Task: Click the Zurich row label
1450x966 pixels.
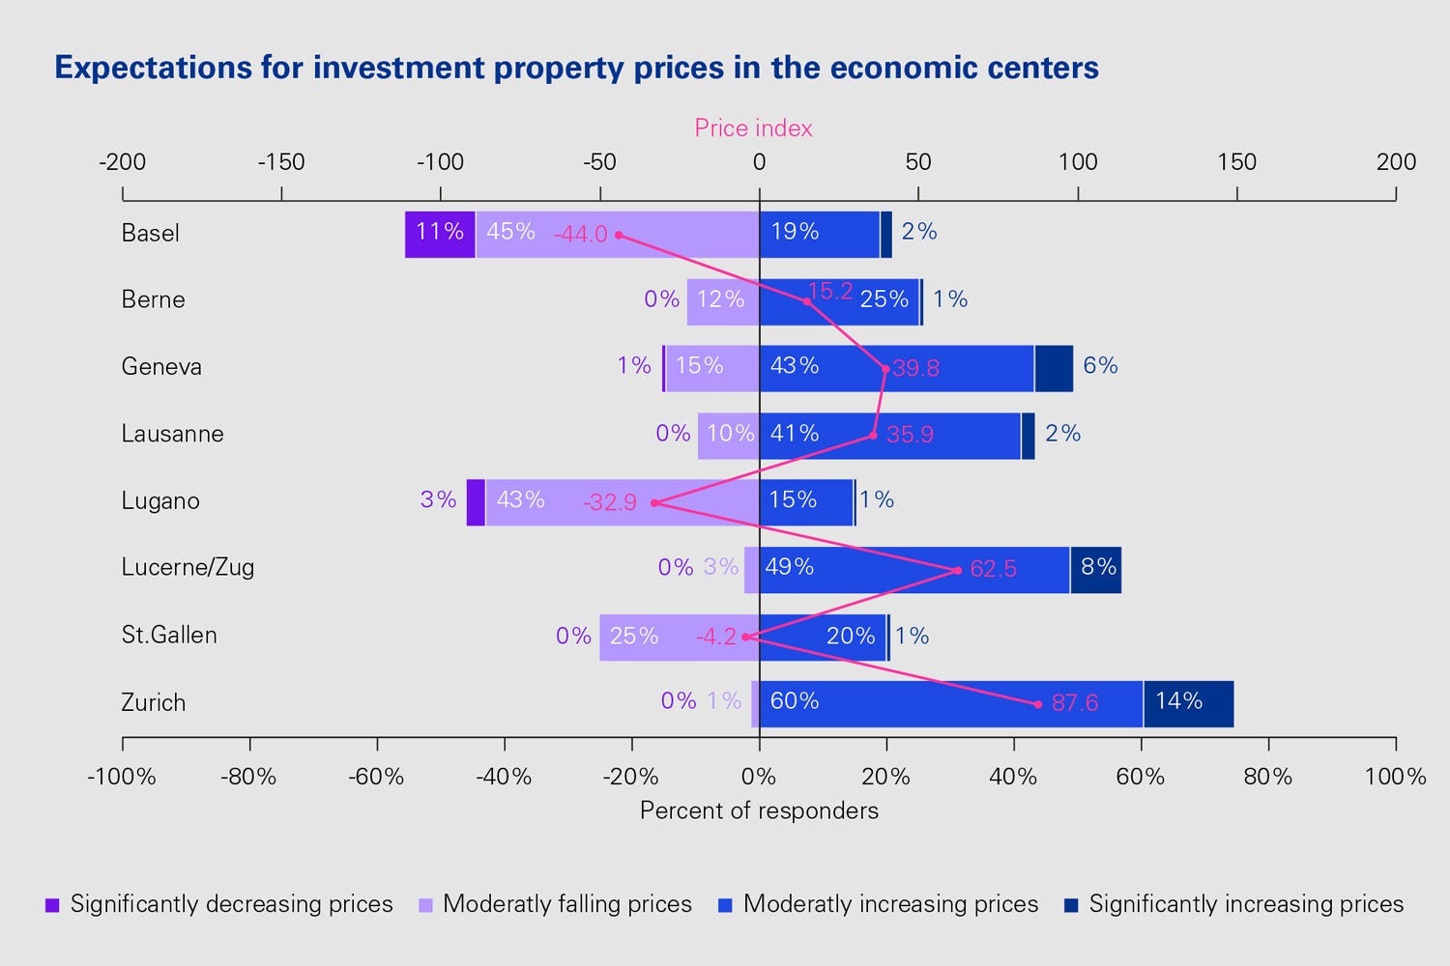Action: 153,702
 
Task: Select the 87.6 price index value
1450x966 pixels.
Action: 1075,703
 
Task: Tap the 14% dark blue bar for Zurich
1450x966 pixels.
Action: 1188,703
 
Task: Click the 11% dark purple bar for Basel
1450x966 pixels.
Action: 440,234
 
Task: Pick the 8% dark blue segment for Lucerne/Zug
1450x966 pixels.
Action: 1095,569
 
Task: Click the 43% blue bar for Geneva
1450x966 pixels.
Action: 896,368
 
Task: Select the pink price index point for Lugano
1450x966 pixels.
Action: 654,502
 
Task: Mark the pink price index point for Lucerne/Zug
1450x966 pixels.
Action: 958,570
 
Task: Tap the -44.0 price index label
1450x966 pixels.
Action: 580,235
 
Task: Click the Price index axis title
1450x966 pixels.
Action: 753,128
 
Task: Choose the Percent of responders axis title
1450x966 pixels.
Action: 759,810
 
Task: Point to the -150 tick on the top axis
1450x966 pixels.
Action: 281,162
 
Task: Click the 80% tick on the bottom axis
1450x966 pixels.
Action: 1268,777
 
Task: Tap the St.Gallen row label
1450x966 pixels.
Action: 169,636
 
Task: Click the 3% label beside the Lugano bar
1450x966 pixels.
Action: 438,499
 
